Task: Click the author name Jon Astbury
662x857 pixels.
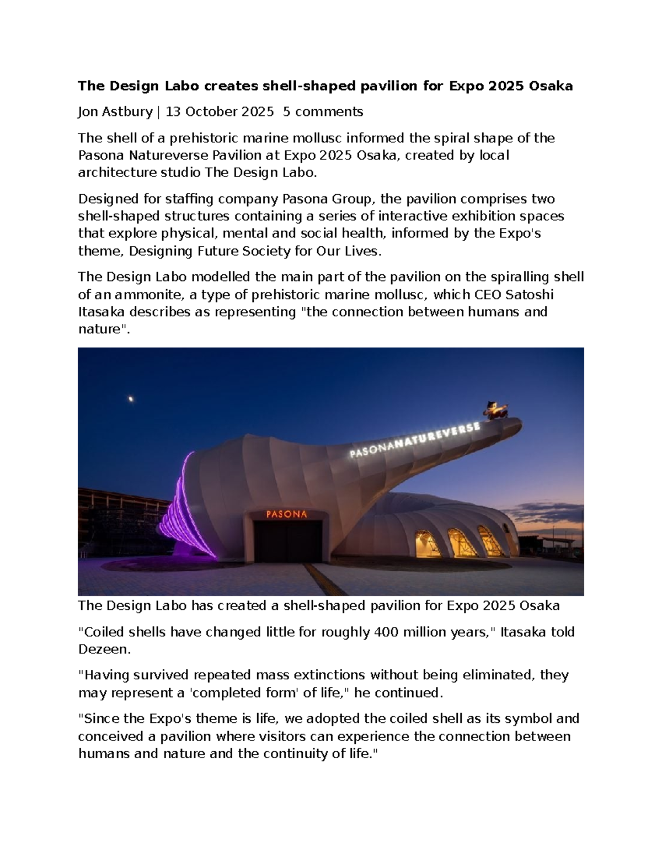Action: (115, 112)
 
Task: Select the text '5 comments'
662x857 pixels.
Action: (323, 112)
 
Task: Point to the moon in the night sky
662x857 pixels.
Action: (131, 398)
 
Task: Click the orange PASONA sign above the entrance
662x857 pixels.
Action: (287, 514)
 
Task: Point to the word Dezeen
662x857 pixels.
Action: (104, 650)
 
